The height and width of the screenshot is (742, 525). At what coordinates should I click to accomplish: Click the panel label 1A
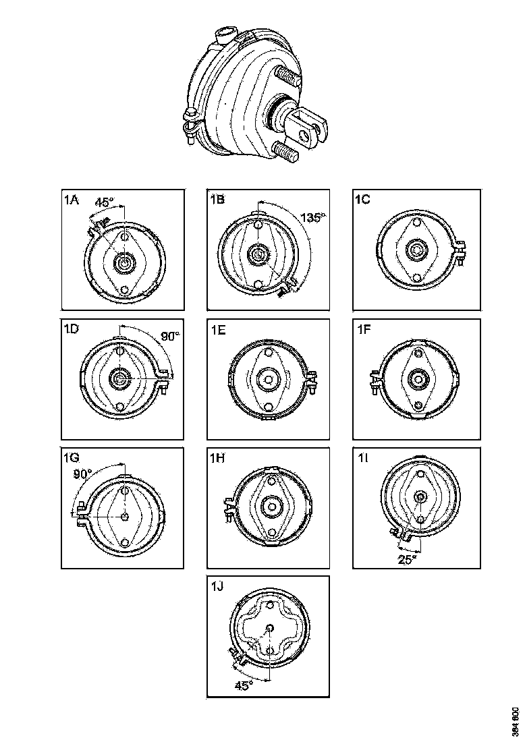(x=71, y=200)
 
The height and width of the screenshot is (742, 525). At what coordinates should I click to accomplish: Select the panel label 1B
(x=217, y=199)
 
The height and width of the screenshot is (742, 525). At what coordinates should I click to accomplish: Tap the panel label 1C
(x=362, y=199)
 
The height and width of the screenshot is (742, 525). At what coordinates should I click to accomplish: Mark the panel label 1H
(x=217, y=458)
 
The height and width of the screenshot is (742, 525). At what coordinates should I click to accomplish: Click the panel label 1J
(x=216, y=586)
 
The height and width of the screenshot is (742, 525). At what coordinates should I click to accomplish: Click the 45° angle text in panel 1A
(x=105, y=202)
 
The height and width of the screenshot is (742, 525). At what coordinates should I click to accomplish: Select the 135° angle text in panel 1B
(x=314, y=218)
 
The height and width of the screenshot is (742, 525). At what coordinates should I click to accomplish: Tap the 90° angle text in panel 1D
(x=170, y=335)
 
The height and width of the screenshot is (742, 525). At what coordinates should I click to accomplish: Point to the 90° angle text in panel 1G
(x=82, y=474)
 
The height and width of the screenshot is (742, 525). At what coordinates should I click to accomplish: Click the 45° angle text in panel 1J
(x=244, y=685)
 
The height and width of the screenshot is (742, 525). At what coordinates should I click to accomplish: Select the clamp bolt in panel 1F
(x=374, y=382)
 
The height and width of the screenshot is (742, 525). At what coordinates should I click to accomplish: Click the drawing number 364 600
(x=515, y=722)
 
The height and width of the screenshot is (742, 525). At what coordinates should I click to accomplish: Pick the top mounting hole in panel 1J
(x=269, y=605)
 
